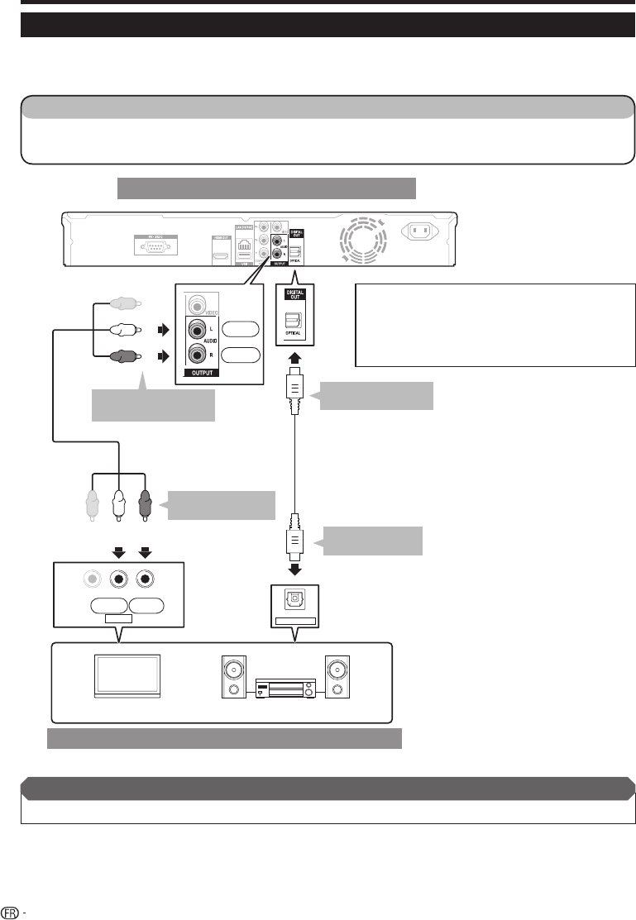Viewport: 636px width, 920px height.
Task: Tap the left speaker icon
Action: click(x=234, y=677)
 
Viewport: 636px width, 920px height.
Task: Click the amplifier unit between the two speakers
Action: click(x=285, y=689)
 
